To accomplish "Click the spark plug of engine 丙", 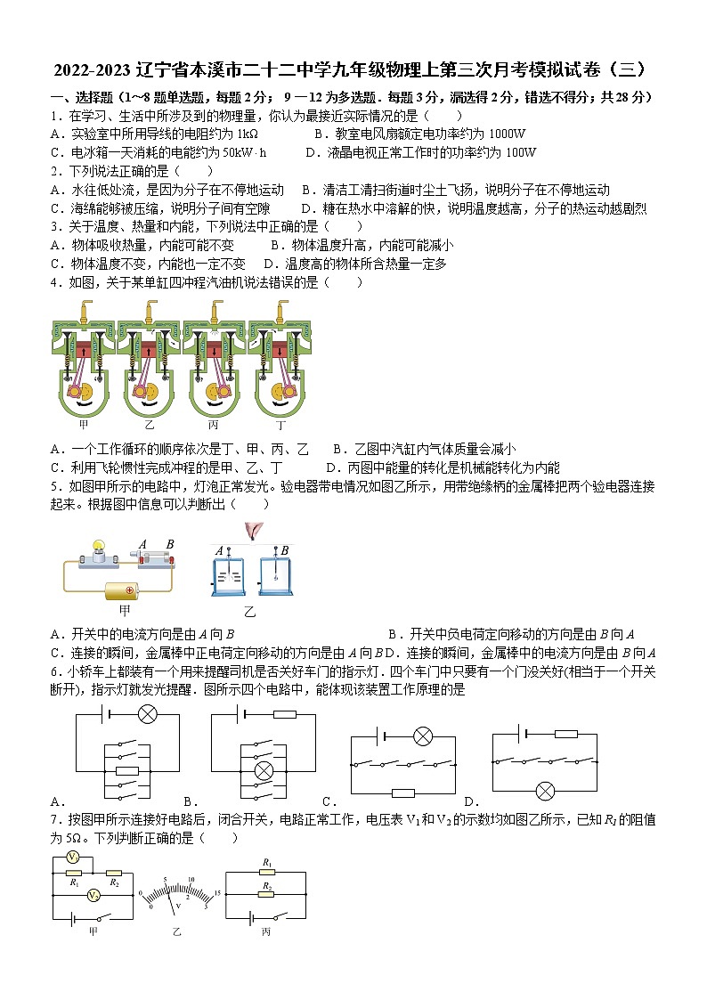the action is coord(215,312).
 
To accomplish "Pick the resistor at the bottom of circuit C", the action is coord(403,793).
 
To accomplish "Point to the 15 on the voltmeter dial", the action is coord(215,893).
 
